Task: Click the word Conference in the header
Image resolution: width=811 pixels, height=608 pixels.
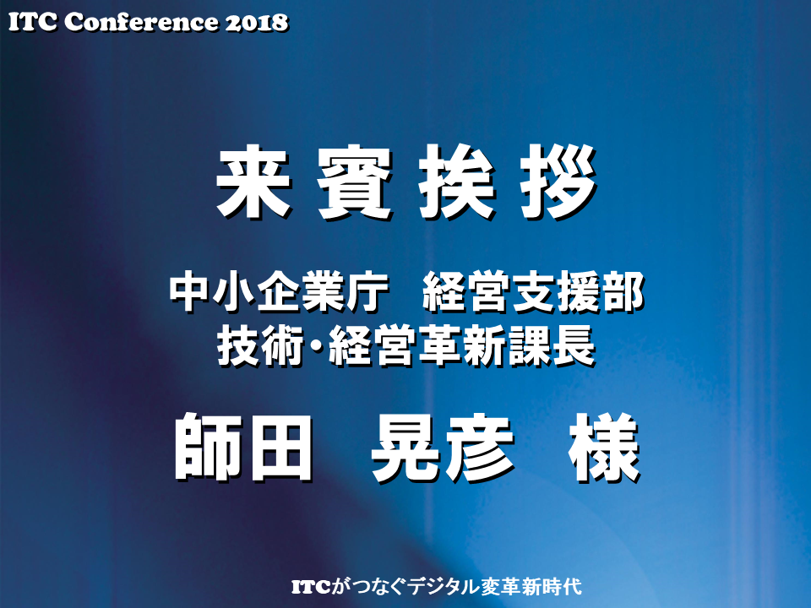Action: click(x=142, y=22)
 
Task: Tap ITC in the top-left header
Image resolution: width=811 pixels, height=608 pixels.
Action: click(x=33, y=22)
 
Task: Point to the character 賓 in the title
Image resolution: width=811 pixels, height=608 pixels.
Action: click(x=356, y=182)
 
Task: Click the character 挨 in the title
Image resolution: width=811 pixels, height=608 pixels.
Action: click(x=457, y=182)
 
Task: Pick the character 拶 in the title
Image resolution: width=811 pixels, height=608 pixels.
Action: click(x=559, y=182)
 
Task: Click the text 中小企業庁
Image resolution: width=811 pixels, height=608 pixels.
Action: click(x=280, y=293)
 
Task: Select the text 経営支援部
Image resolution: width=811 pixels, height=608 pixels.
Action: click(x=533, y=293)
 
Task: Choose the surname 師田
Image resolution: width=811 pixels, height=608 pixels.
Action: click(x=243, y=448)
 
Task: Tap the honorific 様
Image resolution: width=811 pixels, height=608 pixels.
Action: click(x=605, y=448)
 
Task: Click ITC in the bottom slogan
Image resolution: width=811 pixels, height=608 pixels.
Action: click(x=311, y=587)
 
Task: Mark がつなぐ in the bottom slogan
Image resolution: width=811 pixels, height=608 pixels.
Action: click(x=369, y=587)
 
